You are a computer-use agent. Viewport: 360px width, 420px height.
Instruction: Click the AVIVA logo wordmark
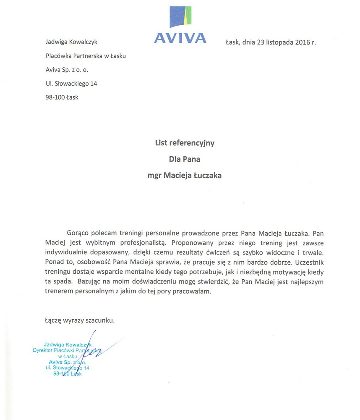[x=180, y=38]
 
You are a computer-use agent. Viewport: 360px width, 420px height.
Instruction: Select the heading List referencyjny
[x=185, y=143]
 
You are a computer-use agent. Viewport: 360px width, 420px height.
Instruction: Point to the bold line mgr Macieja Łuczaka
[x=185, y=176]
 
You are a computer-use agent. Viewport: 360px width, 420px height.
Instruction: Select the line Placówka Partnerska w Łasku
[x=85, y=56]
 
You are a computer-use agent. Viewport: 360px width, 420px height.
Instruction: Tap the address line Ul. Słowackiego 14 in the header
[x=71, y=84]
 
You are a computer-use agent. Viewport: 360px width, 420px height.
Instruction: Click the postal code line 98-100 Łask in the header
[x=61, y=97]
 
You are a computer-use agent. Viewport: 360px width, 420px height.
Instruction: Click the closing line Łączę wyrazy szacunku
[x=79, y=320]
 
